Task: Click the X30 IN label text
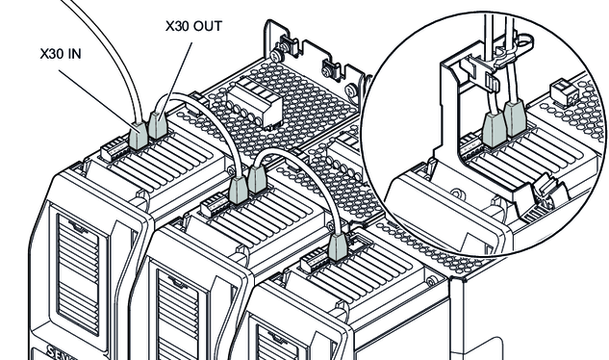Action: (61, 54)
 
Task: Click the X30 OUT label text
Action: (193, 26)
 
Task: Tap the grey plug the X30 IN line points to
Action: (139, 136)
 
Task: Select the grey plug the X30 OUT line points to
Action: (158, 125)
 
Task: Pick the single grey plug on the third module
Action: (338, 246)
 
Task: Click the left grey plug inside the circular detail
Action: (494, 131)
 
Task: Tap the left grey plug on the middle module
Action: (238, 190)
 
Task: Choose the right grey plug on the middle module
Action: (257, 179)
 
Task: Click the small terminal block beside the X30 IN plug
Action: (114, 149)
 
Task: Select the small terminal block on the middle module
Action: (215, 204)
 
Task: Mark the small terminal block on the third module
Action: (315, 261)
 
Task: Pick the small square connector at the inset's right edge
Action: (565, 92)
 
